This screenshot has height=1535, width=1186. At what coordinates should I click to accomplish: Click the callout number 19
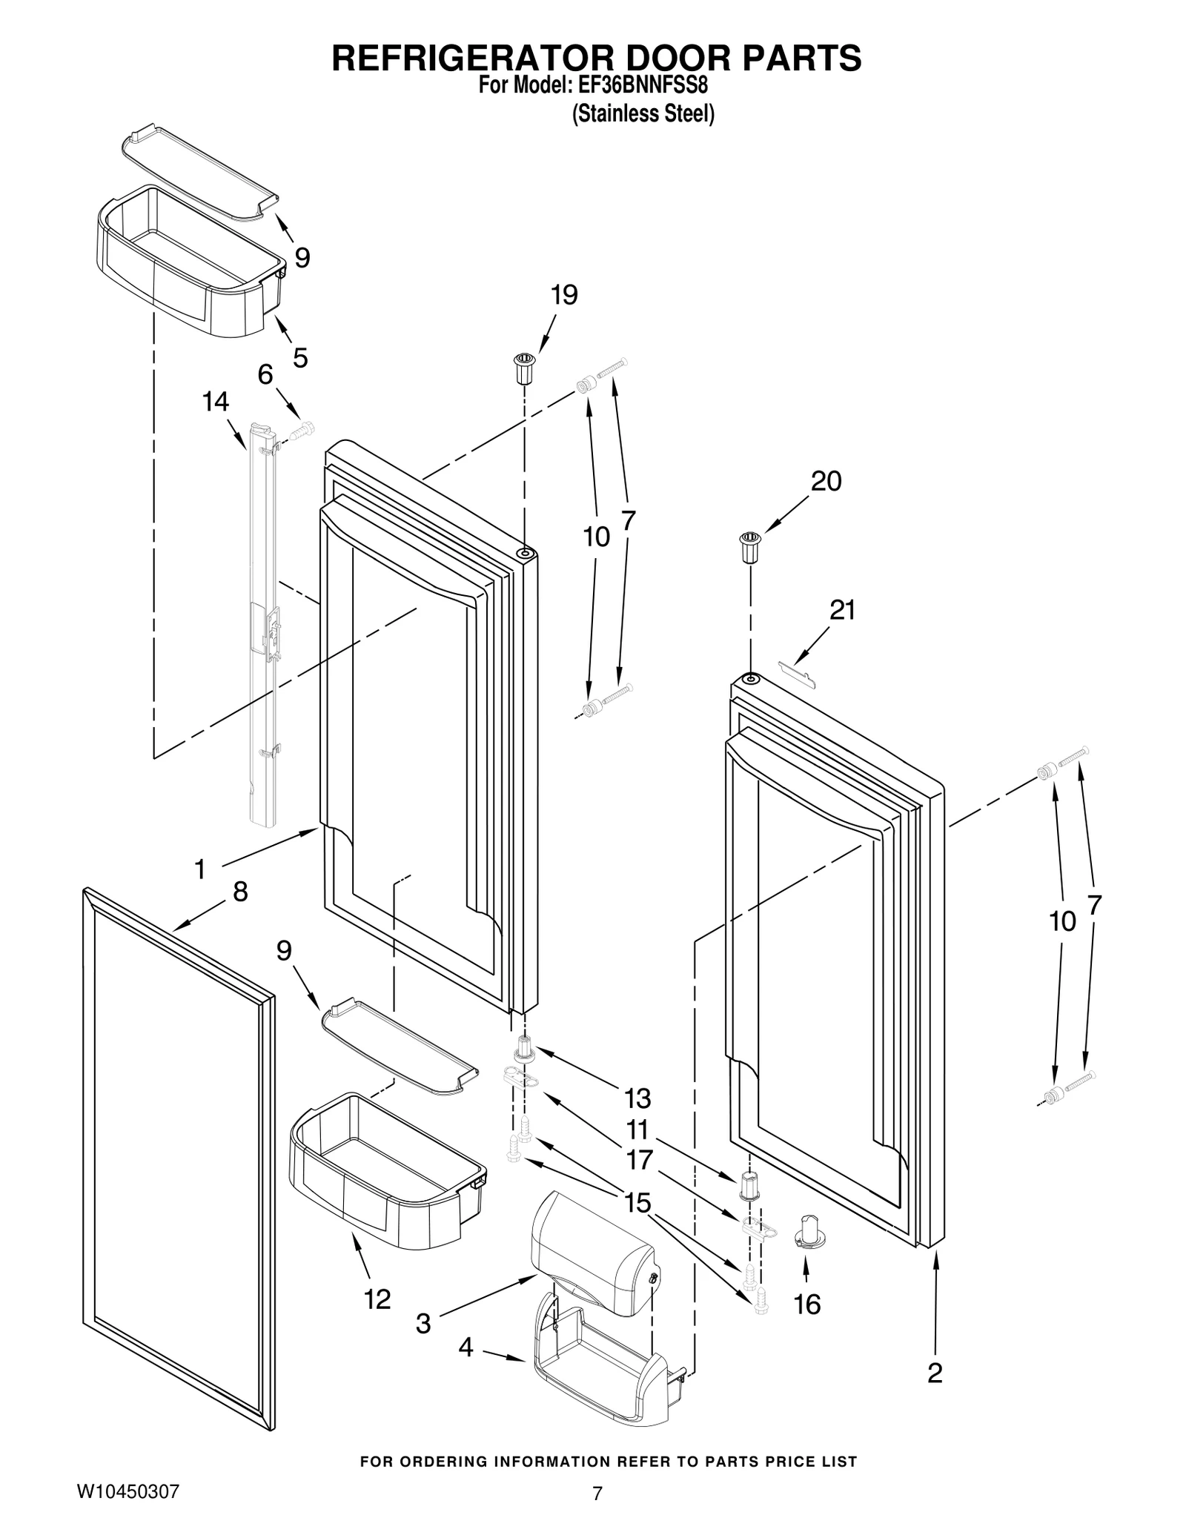point(564,295)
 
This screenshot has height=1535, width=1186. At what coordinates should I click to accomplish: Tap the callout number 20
point(826,481)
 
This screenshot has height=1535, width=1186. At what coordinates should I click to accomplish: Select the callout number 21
point(843,610)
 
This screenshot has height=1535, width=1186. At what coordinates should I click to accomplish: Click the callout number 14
point(216,402)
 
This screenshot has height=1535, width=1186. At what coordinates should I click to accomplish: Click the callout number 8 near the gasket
point(240,892)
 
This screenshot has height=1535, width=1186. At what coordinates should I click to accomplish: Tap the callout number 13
point(637,1098)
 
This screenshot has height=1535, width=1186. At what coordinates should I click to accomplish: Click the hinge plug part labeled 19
point(524,368)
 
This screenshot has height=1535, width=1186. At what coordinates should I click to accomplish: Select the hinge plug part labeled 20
point(751,547)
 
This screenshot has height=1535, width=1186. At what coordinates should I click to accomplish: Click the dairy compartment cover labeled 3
point(593,1252)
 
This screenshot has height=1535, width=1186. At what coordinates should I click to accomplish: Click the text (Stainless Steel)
point(643,114)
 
